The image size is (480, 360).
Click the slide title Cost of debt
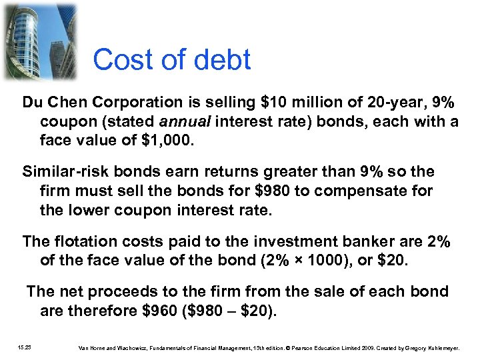point(171,60)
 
